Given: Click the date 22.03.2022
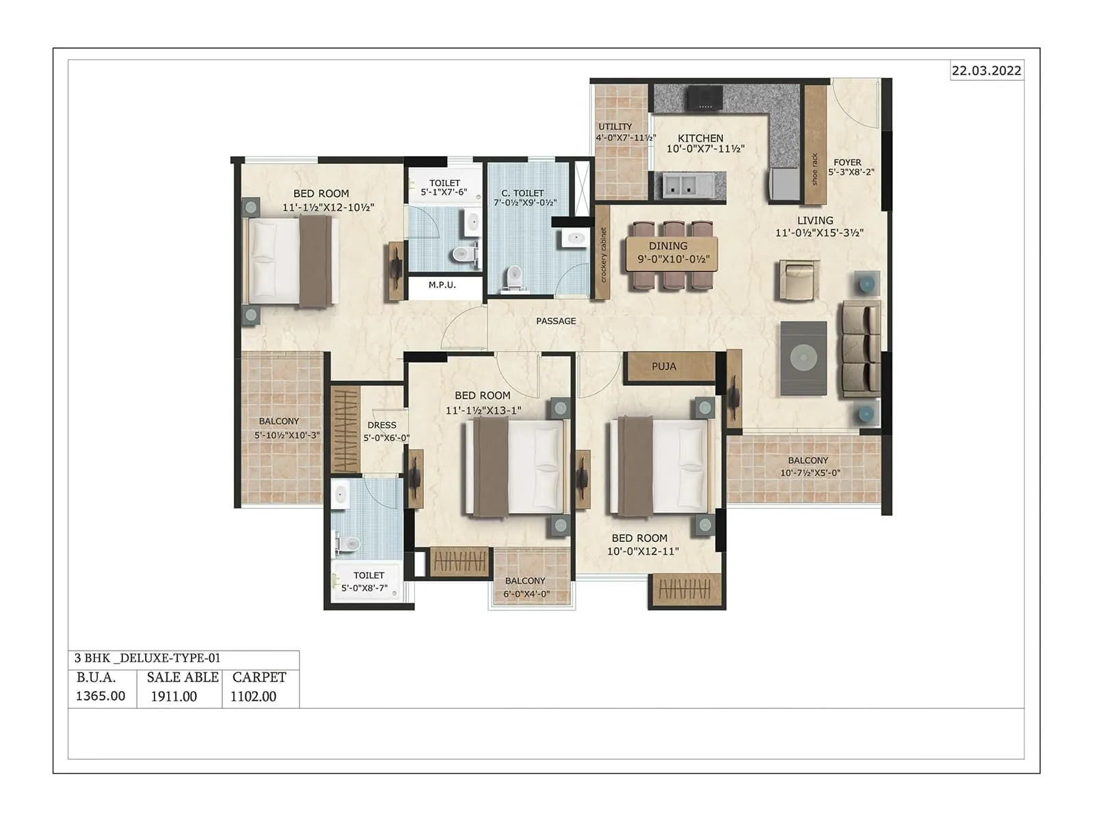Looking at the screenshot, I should point(987,70).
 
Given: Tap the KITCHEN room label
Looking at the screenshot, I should point(700,138).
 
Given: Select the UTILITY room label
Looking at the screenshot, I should point(615,127).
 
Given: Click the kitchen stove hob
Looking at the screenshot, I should point(705,99).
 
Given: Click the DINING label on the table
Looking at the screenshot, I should point(668,246).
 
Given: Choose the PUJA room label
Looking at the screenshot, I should point(663,367).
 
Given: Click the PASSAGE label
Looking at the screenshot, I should point(556,321).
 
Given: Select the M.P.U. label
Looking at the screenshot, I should point(442,285).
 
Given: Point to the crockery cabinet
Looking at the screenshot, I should point(602,253).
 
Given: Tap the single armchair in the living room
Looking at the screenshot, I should point(798,280).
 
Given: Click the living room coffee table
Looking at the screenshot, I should point(803,357).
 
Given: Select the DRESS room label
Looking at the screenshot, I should point(382,425).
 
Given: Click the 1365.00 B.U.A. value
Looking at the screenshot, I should point(101,696).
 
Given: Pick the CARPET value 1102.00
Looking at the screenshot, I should point(253,696).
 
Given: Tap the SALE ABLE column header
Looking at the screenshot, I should point(183,677).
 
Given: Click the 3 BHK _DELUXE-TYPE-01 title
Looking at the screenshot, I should point(148,658).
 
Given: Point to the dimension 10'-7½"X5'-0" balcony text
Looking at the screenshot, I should point(810,473).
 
